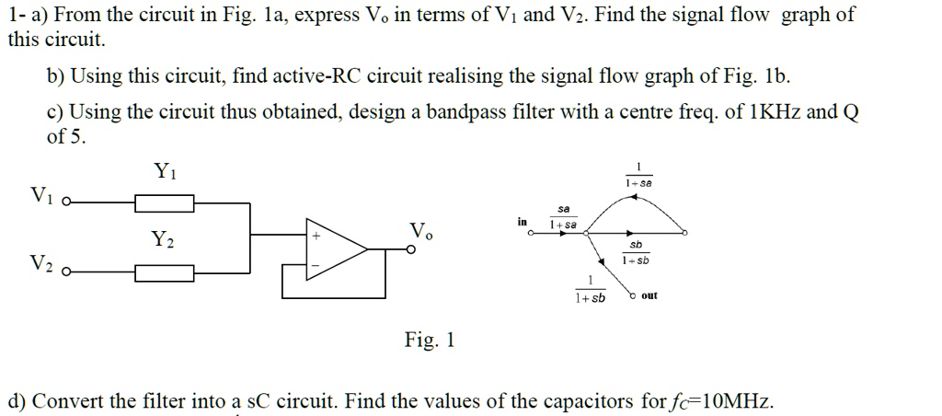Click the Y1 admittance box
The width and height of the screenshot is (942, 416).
click(164, 202)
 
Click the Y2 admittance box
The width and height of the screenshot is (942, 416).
click(164, 272)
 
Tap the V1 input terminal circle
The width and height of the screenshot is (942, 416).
click(65, 202)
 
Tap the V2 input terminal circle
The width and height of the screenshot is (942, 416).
click(65, 272)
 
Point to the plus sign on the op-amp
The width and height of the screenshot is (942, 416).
click(317, 236)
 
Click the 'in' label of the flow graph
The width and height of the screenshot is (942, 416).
click(523, 222)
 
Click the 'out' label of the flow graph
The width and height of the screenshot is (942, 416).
click(649, 295)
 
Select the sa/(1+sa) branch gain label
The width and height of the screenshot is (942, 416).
click(562, 217)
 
